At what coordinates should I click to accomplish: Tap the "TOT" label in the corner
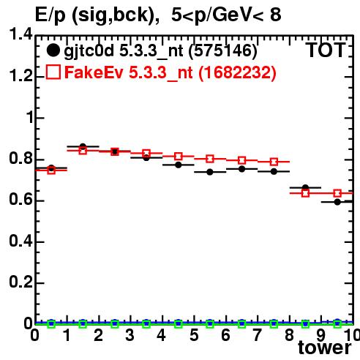point(326,50)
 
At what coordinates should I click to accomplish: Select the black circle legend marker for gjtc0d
point(53,50)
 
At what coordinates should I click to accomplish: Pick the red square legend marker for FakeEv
point(53,72)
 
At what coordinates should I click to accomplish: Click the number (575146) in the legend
point(223,51)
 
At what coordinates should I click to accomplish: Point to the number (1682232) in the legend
point(238,72)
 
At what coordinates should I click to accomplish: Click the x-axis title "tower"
point(325,348)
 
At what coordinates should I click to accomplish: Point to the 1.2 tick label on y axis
point(20,76)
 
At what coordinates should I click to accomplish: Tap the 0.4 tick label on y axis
point(20,241)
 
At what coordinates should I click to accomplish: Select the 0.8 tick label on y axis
point(20,159)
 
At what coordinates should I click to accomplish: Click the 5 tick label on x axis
point(194,335)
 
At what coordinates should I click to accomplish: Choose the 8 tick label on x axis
point(289,335)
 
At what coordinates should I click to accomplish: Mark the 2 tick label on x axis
point(98,335)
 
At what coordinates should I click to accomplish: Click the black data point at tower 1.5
point(83,146)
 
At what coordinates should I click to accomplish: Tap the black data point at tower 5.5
point(210,172)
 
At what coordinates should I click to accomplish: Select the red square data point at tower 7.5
point(274,162)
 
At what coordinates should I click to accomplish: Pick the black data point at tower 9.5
point(337,202)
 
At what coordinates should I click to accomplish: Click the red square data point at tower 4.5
point(179,156)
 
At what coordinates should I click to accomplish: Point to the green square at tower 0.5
point(51,324)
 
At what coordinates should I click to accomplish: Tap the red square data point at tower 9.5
point(337,193)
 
